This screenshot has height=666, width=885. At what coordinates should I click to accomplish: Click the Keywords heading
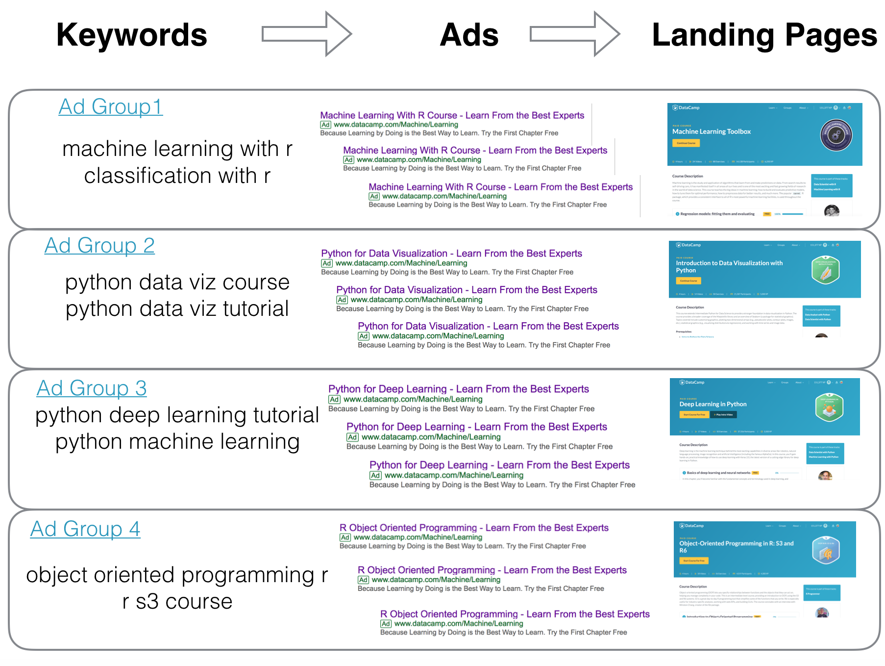pos(132,35)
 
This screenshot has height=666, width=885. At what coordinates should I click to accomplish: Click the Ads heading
pos(469,35)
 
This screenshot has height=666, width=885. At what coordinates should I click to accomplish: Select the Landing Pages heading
pos(764,35)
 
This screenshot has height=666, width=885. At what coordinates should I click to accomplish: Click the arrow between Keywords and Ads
pos(307,34)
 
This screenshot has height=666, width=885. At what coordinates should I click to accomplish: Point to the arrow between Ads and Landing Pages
pos(575,34)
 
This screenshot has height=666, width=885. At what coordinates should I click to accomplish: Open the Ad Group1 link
pos(110,107)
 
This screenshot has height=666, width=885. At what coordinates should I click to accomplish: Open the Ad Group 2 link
pos(99,246)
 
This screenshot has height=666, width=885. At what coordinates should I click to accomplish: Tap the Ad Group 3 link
pos(92,388)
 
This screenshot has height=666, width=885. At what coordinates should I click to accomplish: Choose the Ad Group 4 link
pos(85,529)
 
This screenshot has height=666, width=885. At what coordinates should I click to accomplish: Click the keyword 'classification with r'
pos(177,176)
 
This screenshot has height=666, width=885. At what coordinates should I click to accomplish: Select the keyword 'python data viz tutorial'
pos(177,309)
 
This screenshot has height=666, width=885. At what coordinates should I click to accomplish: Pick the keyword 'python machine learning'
pos(177,442)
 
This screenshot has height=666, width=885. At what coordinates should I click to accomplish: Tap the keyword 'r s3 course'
pos(177,602)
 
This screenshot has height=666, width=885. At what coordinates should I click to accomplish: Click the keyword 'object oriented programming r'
pos(177,575)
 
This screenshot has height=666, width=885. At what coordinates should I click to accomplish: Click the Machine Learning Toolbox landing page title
pos(711,131)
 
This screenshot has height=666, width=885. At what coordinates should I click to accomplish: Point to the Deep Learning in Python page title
pos(713,404)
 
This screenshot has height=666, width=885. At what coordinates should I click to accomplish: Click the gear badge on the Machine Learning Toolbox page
pos(836,135)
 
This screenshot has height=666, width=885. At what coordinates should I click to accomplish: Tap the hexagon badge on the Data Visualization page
pos(826,270)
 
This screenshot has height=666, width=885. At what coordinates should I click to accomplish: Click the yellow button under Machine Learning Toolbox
pos(686,143)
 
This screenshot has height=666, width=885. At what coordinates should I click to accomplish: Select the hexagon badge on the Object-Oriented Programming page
pos(826,550)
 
